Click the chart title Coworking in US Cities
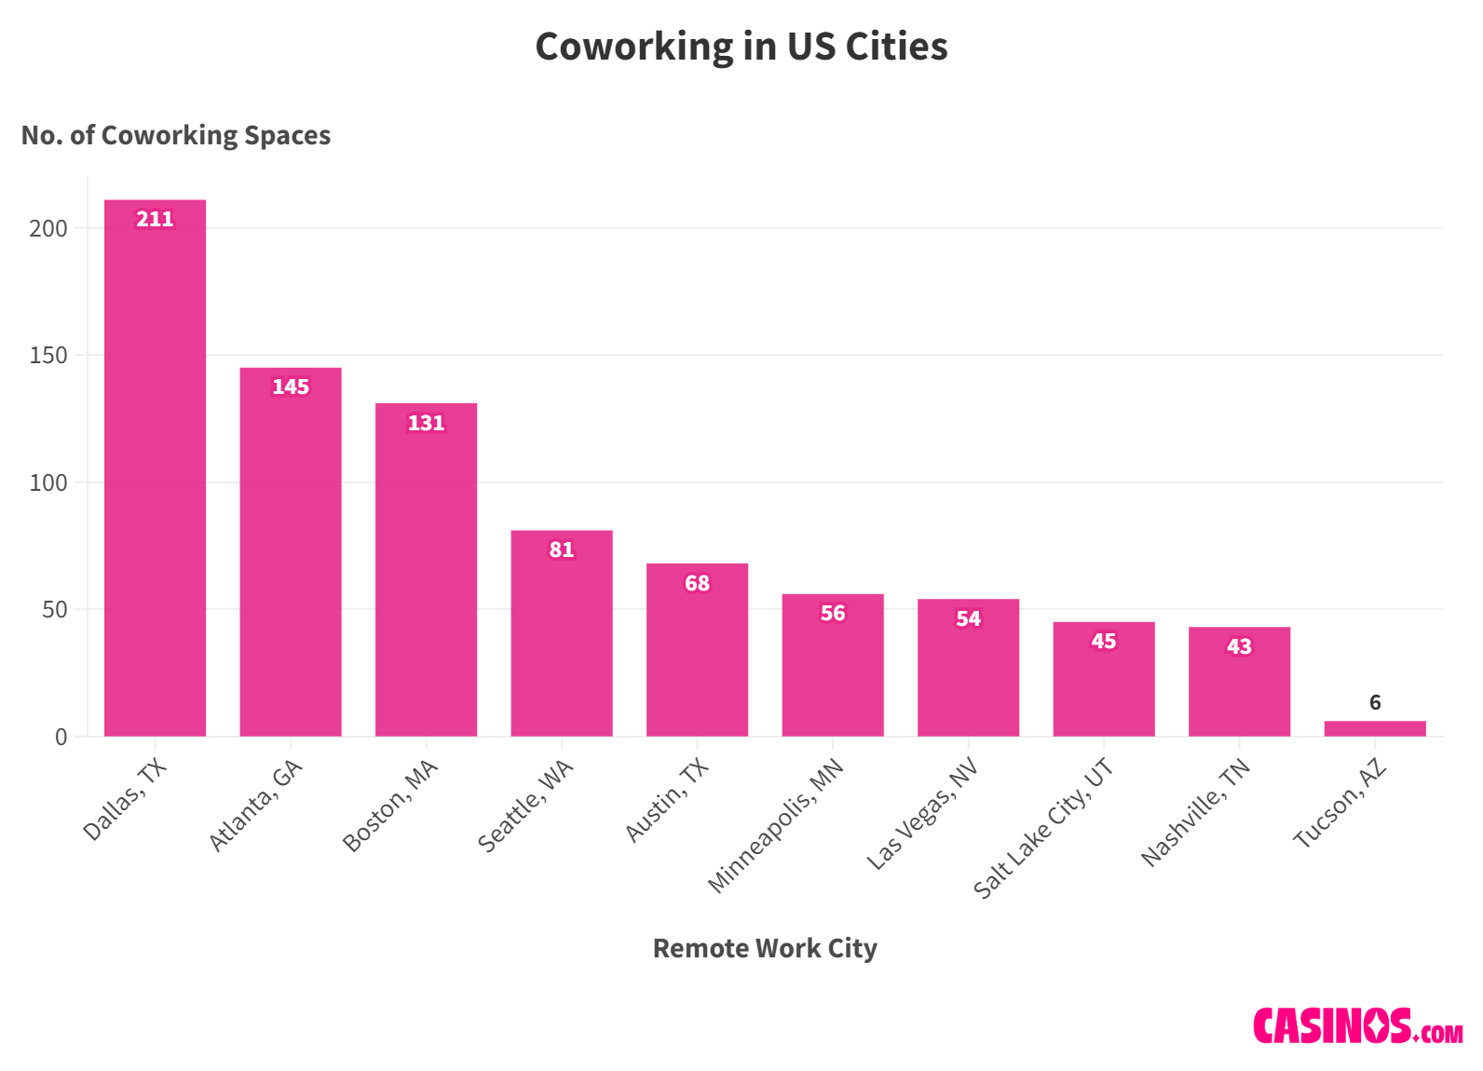741,47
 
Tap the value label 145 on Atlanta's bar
291,386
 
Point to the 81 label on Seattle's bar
562,549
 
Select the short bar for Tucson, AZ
1374,728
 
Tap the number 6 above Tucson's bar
1375,702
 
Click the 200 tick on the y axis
48,228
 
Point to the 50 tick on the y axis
54,610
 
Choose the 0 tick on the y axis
61,737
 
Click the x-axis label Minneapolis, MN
775,825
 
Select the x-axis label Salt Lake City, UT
1042,828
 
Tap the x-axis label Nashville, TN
1195,812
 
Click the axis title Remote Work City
765,948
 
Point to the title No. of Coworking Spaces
176,135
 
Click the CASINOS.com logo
1357,1025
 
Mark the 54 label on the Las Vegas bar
968,618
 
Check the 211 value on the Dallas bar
155,219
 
